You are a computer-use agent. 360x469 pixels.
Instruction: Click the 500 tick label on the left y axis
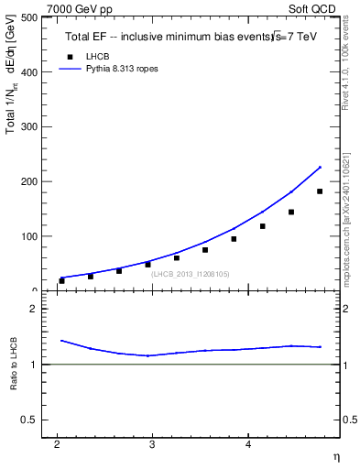(x=27, y=17)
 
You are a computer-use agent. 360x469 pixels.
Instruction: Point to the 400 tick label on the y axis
(x=27, y=72)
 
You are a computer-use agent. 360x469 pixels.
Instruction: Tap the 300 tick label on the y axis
(x=27, y=127)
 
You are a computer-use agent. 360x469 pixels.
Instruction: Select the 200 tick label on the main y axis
(x=27, y=181)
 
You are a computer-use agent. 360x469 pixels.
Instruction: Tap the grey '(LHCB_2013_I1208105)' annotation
(x=191, y=274)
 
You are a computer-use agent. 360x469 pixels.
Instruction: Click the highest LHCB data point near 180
(x=320, y=191)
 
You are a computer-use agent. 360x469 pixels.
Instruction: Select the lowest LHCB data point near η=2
(x=61, y=280)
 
